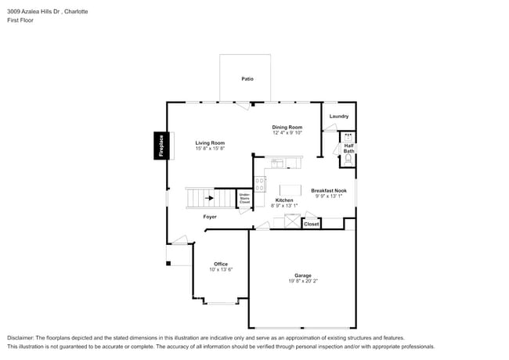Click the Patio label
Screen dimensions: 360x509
[247, 79]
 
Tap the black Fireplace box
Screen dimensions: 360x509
[161, 146]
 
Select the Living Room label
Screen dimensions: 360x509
[210, 143]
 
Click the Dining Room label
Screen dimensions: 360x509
[287, 128]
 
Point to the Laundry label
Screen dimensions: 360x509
[338, 117]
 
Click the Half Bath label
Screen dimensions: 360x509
[348, 148]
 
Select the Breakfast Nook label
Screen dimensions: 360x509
[329, 190]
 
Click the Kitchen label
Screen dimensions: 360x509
[284, 200]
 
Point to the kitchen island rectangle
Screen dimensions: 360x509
[290, 189]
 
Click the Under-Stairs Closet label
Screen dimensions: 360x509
[244, 199]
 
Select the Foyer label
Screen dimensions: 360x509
[210, 217]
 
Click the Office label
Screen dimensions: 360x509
[220, 264]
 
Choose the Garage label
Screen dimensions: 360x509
[302, 275]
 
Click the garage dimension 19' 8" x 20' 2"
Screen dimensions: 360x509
[302, 282]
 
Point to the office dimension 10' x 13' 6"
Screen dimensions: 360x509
[220, 270]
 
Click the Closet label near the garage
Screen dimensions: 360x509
[311, 224]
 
